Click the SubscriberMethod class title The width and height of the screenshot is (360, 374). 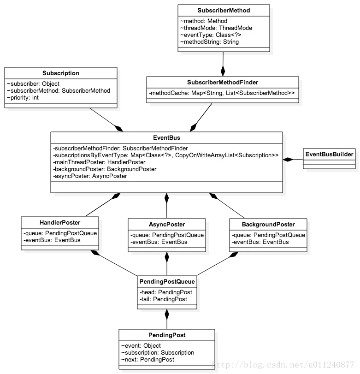coord(224,10)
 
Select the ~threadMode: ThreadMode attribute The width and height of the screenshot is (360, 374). coord(216,28)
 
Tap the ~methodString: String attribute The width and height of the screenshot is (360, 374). coord(210,42)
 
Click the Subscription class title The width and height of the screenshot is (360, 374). coord(61,73)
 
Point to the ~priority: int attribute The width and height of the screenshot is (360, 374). coord(23,98)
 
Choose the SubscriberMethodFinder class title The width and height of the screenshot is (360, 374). coord(223,82)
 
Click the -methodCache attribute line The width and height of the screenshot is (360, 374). coord(222,94)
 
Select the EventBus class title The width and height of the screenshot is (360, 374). coord(166,137)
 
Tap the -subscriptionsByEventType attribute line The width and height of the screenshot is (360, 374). coord(166,155)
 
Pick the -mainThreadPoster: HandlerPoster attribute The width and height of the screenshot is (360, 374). coord(99,162)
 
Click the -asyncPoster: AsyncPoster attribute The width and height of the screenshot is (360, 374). coord(90,176)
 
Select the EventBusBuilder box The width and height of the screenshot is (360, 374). coord(329,154)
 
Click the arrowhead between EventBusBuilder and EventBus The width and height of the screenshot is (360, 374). coord(287,160)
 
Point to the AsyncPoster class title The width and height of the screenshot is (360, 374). coord(167,225)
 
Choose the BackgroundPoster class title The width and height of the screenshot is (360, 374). coord(268,225)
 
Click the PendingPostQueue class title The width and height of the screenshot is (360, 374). coord(167,281)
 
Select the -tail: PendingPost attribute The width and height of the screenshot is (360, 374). coord(163,299)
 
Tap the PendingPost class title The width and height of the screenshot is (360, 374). coord(166,335)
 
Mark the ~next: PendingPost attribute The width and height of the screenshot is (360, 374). coord(148,359)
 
